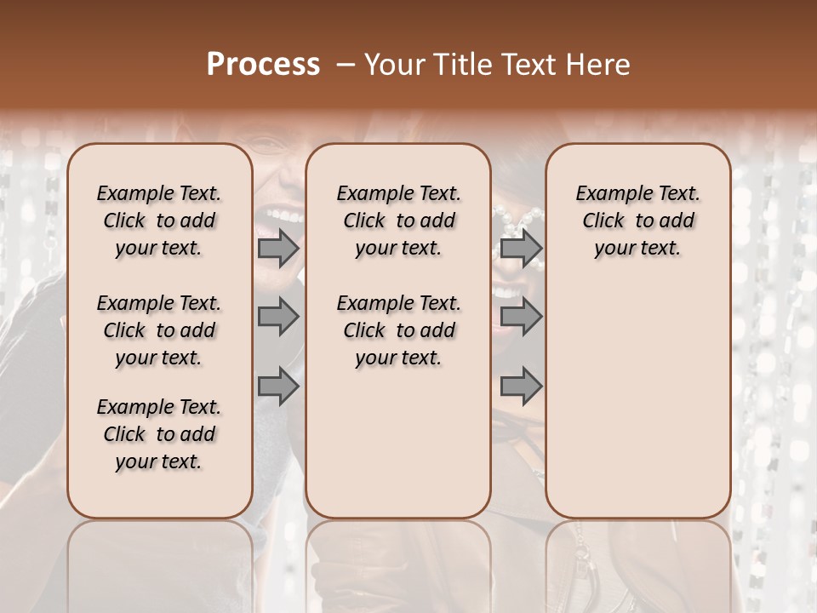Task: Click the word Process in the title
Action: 263,64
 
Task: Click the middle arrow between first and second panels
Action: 278,317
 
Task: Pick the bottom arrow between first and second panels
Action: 278,387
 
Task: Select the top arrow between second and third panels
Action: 521,248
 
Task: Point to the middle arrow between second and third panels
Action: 521,317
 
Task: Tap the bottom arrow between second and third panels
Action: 521,387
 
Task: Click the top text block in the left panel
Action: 159,221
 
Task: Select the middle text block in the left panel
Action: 159,330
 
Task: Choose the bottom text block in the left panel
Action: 159,434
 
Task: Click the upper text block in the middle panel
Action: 398,221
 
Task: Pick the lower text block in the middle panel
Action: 398,330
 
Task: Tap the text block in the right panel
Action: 637,221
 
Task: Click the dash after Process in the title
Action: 344,64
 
